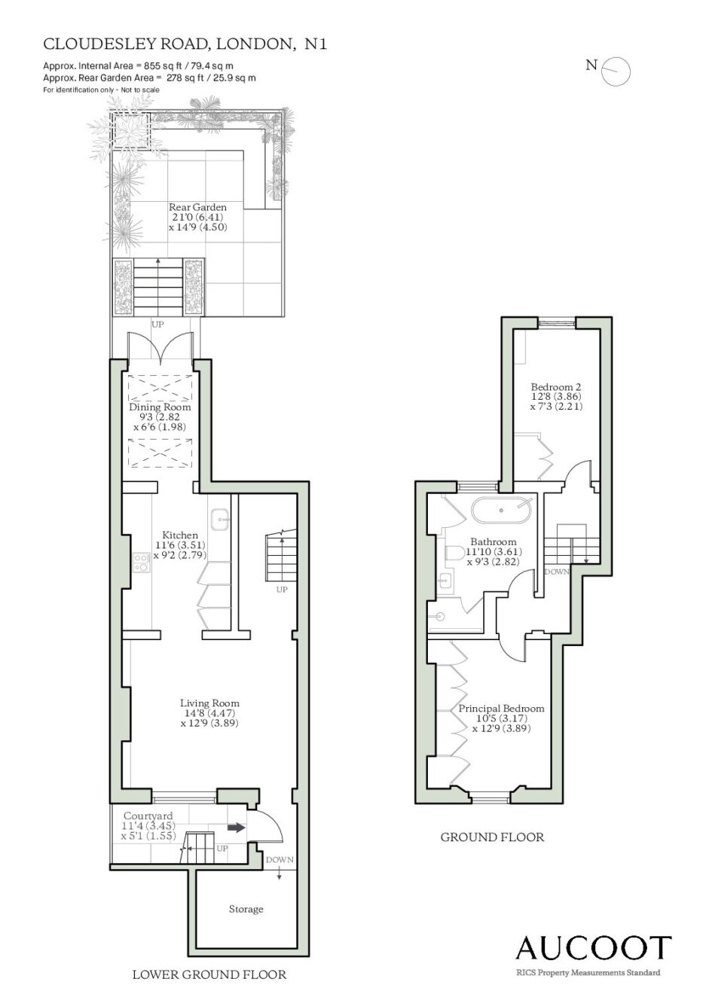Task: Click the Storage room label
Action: coord(246,909)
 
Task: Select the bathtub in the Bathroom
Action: coord(501,510)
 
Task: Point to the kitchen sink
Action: coord(220,518)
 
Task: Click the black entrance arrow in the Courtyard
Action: coord(237,827)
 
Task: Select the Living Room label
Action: coord(209,703)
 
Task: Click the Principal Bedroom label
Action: coord(501,708)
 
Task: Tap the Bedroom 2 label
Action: coord(556,386)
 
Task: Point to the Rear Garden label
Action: coord(197,207)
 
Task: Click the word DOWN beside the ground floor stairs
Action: coord(557,572)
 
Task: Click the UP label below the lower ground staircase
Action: coord(282,590)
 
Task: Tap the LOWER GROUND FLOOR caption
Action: coord(209,974)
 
